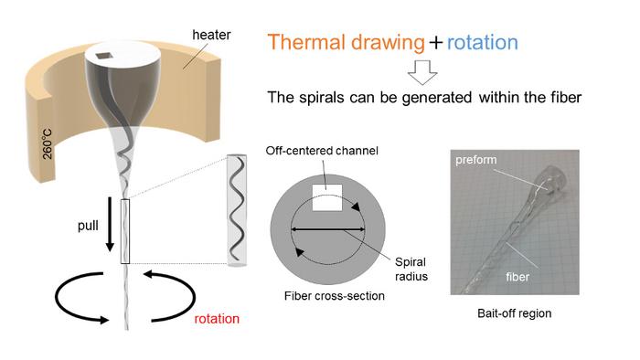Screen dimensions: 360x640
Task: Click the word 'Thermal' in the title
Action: coord(309,42)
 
